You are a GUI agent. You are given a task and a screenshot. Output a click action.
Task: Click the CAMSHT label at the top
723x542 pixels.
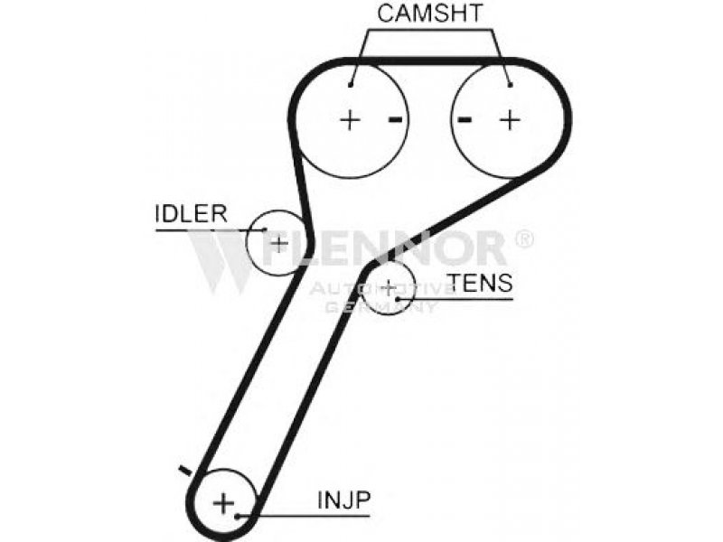click(430, 13)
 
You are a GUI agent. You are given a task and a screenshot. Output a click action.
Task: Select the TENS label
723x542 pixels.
click(482, 283)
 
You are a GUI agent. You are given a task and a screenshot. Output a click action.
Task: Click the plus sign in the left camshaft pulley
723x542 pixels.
click(349, 118)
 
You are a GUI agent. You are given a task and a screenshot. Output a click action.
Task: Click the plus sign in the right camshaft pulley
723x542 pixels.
click(511, 118)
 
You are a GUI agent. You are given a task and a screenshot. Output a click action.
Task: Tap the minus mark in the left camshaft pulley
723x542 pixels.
click(394, 118)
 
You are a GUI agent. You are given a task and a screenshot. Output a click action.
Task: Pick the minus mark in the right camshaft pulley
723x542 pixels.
click(465, 118)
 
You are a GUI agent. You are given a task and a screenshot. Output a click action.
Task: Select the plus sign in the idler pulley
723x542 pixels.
click(279, 242)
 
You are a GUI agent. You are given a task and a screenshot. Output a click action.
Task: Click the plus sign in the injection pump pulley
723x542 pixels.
click(223, 502)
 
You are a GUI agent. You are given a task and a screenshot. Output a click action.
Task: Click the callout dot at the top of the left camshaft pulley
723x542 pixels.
click(352, 85)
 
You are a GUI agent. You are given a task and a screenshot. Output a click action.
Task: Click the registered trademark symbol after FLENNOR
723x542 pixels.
click(522, 239)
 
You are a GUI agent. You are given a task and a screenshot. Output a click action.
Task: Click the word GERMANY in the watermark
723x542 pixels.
click(381, 307)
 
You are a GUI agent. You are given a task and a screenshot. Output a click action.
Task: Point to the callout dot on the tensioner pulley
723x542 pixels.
click(399, 295)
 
